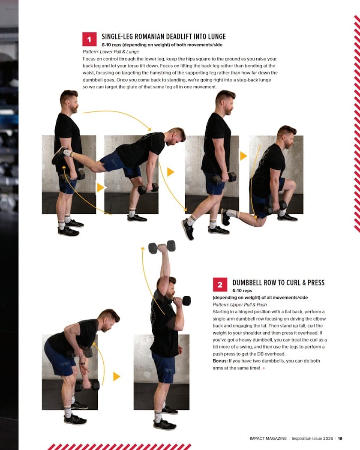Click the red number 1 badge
pyautogui.click(x=89, y=39)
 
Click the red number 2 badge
pyautogui.click(x=220, y=285)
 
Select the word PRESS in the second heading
pyautogui.click(x=316, y=283)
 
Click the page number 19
pyautogui.click(x=340, y=438)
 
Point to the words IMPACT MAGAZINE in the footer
pyautogui.click(x=268, y=438)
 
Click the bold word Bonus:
pyautogui.click(x=220, y=361)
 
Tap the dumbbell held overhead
pyautogui.click(x=162, y=247)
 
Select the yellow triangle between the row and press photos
pyautogui.click(x=116, y=376)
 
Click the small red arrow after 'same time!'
pyautogui.click(x=263, y=368)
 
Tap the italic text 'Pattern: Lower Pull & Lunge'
pyautogui.click(x=111, y=52)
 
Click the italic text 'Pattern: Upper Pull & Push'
pyautogui.click(x=240, y=304)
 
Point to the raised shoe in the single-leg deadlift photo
pyautogui.click(x=59, y=155)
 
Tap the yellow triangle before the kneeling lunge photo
pyautogui.click(x=243, y=156)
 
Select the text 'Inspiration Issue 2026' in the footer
pyautogui.click(x=312, y=438)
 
